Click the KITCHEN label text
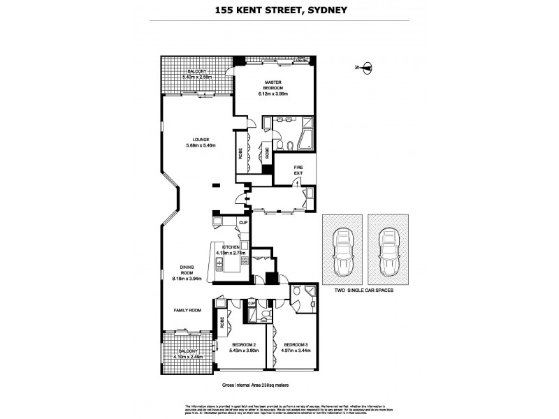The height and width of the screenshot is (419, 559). click(231, 247)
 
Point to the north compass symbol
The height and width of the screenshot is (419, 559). click(367, 68)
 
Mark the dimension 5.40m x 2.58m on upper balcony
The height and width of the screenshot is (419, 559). click(196, 77)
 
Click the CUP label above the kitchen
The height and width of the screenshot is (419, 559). click(243, 223)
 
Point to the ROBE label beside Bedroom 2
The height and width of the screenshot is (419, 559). click(222, 323)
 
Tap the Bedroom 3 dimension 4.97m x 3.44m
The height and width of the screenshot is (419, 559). click(296, 351)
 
